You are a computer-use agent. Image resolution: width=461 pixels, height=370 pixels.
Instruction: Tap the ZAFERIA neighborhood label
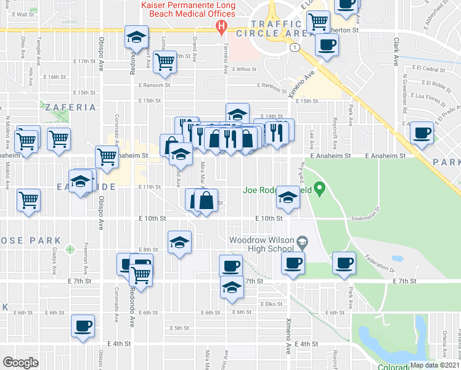pos(70,107)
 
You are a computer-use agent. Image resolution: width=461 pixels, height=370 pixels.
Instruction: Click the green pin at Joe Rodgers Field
pos(319,187)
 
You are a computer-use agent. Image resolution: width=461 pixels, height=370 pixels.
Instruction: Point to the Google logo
pos(20,363)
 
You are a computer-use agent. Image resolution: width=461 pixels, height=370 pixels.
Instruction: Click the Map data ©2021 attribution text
pos(435,365)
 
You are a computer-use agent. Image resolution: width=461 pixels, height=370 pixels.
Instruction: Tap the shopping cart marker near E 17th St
pos(165,62)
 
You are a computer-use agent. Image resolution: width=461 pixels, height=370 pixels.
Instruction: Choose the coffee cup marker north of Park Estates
pos(423,133)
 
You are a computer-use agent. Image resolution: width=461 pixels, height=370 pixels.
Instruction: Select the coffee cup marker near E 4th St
pos(83,326)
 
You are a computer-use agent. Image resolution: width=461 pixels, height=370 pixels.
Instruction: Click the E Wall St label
pos(23,14)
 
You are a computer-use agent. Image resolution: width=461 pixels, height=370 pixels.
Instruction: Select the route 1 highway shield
pos(296,47)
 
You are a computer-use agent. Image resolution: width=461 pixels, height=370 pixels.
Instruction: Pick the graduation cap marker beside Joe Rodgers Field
pos(288,197)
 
